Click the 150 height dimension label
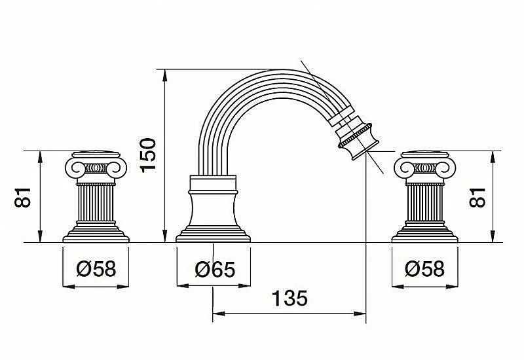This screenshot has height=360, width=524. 148,155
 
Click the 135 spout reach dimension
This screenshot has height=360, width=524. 290,298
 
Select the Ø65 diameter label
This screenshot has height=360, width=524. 215,270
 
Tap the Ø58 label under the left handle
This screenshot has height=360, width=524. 96,268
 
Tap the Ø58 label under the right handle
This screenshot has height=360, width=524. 424,268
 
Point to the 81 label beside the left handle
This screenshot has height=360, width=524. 22,198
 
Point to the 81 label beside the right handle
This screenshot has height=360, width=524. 477,198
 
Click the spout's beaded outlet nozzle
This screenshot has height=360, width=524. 358,141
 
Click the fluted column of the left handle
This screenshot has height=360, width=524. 96,203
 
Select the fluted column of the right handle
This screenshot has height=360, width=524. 424,203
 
